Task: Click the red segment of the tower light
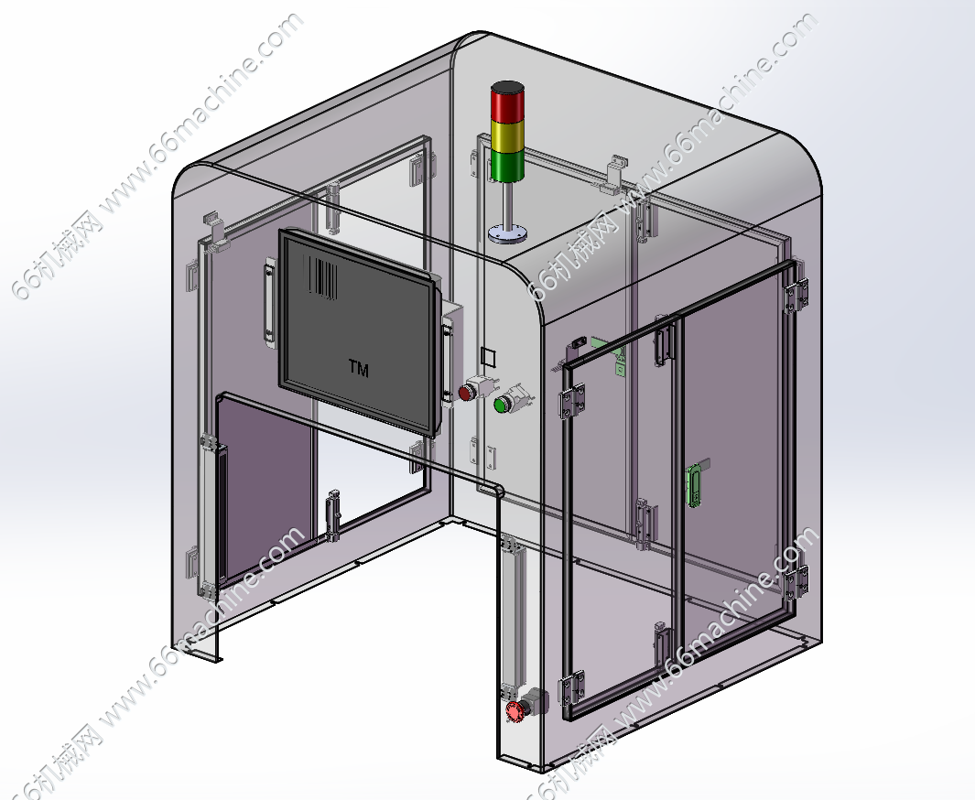click(507, 103)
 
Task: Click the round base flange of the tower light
click(507, 234)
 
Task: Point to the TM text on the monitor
click(359, 369)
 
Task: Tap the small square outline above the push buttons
click(489, 357)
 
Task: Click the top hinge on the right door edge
click(796, 295)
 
